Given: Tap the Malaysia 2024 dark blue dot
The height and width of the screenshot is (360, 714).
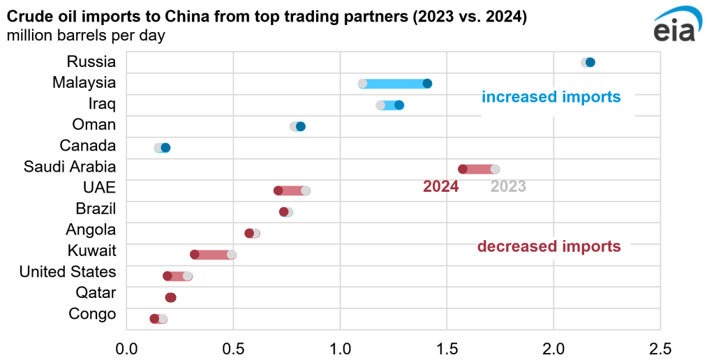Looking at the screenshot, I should (x=427, y=84).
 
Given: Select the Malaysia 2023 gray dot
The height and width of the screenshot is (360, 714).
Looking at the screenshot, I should (x=363, y=84).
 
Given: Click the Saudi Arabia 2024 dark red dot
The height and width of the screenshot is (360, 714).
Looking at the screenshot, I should (x=463, y=169).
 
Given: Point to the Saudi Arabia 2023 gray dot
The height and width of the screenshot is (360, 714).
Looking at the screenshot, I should (x=495, y=169).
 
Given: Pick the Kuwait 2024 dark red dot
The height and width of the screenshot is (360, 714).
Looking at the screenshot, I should (x=195, y=255).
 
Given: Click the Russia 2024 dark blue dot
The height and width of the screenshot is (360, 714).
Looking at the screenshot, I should (x=590, y=62).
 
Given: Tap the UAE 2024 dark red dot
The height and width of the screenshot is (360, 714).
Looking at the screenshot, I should (x=278, y=190).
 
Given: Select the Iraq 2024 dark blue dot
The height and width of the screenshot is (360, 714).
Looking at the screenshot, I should (x=399, y=105).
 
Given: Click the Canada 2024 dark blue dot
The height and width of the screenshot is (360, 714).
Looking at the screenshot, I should (x=165, y=148).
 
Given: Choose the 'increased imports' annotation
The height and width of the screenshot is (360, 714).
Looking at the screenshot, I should (x=551, y=97).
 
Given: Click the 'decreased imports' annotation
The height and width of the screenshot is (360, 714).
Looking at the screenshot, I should (x=549, y=246).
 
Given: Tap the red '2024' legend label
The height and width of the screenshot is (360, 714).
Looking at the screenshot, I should (x=441, y=186).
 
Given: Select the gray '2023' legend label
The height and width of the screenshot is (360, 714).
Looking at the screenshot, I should (x=508, y=186).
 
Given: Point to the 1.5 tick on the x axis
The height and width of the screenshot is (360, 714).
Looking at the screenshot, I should (x=447, y=347).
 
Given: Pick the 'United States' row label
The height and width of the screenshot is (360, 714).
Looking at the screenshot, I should (x=68, y=271).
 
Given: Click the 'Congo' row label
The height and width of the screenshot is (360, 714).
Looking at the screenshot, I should (x=92, y=314).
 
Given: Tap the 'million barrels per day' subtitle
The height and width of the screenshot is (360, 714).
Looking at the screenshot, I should (x=86, y=35).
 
